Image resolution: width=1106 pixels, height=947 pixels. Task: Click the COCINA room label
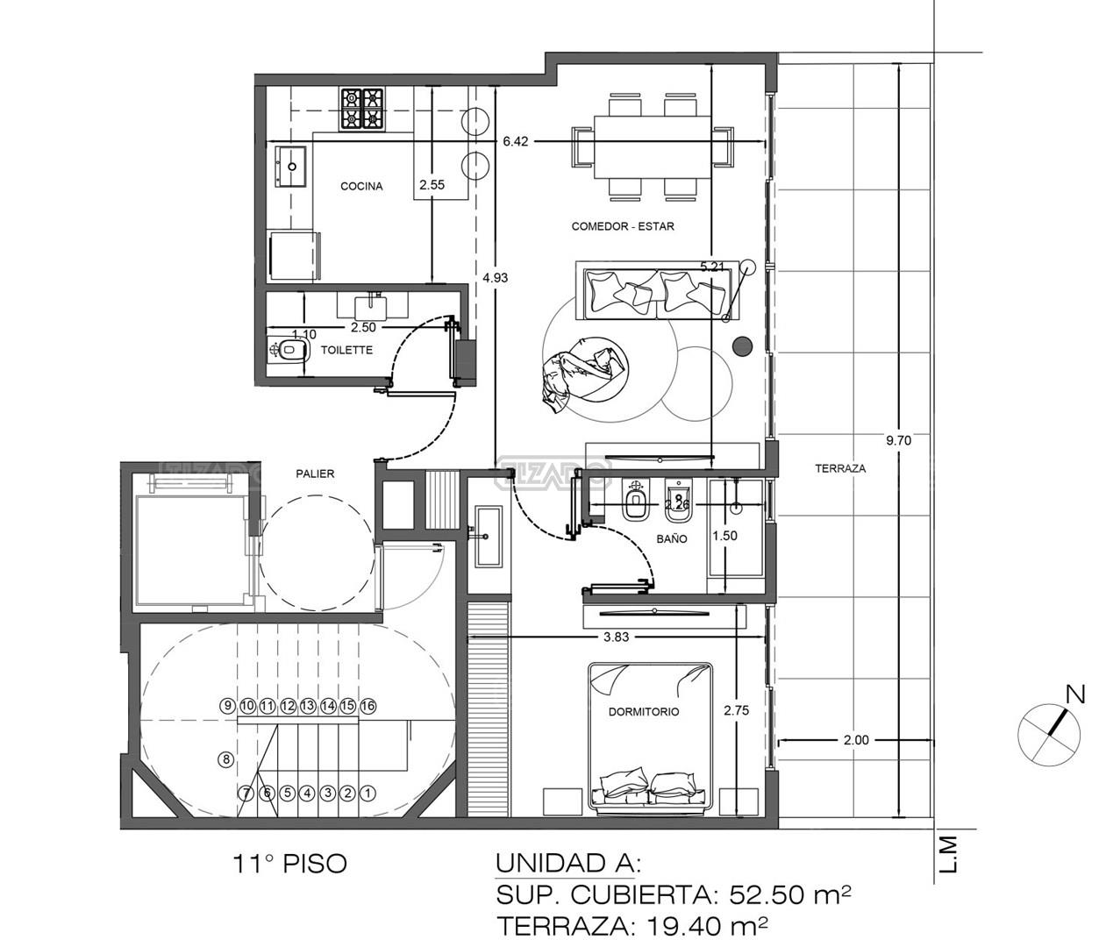tap(361, 186)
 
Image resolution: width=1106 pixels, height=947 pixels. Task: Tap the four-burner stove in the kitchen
tap(361, 109)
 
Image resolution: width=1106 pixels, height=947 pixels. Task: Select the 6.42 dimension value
tap(515, 141)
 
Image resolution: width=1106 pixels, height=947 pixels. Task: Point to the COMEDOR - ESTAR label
tap(623, 226)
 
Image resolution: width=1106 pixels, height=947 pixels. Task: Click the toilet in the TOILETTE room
tap(288, 351)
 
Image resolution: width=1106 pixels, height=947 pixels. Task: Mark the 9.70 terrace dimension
tap(898, 441)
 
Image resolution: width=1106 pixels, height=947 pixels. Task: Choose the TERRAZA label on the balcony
tap(840, 469)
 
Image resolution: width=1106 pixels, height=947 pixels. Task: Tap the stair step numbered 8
tap(226, 758)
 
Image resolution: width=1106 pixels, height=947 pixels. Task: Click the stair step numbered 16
tap(367, 706)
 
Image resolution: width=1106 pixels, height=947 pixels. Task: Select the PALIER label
tap(315, 473)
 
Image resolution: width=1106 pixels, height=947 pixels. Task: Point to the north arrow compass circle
tap(1048, 734)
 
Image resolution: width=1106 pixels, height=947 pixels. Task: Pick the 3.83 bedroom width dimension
tap(616, 637)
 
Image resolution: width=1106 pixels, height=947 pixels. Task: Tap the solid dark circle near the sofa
tap(742, 346)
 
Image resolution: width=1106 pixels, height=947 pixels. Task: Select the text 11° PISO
tap(290, 864)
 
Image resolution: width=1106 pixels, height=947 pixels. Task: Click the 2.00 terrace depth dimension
tap(856, 740)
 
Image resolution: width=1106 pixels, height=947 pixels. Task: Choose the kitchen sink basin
tap(290, 167)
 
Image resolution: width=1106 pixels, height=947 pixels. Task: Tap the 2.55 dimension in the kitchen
tap(432, 185)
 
